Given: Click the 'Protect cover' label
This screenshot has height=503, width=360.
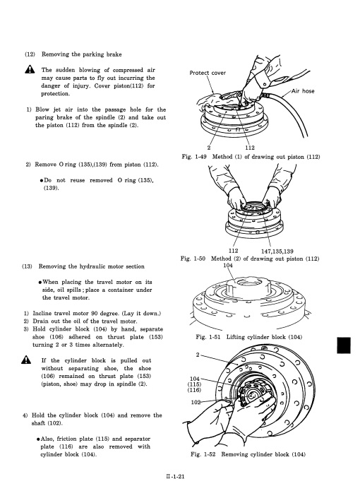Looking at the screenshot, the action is pos(208,73).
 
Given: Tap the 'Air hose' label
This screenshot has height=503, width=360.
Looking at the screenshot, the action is pos(303,91).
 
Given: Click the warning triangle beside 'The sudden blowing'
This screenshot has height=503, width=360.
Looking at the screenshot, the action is pos(30,69).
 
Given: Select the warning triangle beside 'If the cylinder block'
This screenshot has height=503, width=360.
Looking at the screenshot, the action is pos(26,360).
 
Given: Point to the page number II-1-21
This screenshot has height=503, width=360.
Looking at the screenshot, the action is pos(175,476).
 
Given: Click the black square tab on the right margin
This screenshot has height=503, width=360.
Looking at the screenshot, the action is pos(344,345).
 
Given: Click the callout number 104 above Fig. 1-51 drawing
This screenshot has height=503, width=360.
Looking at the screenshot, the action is pos(227,266).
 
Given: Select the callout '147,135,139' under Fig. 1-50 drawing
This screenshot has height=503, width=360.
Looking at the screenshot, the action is pos(277,251).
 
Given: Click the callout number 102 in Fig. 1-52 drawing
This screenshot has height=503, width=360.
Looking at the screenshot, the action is pos(196,402).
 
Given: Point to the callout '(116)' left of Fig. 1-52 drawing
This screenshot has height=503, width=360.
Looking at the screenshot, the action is pos(194,390).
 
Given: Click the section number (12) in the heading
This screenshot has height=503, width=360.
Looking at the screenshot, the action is pos(30,54).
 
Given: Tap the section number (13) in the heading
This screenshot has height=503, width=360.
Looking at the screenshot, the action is pos(27,266).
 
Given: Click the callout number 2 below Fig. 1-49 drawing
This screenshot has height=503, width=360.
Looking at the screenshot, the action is pos(209,148).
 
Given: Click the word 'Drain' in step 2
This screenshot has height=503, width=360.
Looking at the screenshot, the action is pos(40,321).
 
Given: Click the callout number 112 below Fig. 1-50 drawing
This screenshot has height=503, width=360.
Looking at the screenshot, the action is pos(233,251).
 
